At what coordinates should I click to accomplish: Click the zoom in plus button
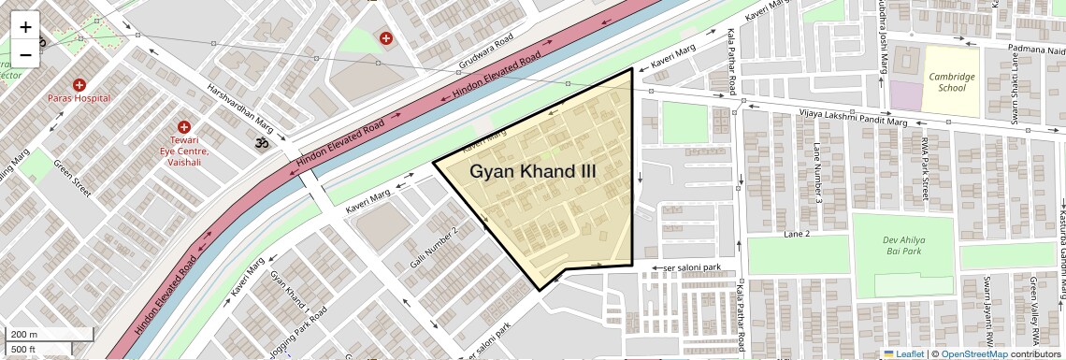coord(25,26)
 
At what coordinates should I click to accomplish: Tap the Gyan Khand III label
coord(532,171)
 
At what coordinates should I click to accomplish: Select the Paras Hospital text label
coord(79,98)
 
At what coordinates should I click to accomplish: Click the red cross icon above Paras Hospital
coord(79,84)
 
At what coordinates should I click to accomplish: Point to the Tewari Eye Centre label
coord(184,151)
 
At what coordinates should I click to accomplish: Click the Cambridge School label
coord(951,82)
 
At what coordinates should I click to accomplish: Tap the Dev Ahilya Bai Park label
coord(902,245)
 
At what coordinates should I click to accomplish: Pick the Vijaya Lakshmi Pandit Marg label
coord(853,118)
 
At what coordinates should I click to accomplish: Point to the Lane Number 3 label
coord(817,173)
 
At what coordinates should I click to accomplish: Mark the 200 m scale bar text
coord(24,334)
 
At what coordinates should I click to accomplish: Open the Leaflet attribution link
coord(903,353)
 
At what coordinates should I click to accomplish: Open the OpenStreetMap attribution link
coord(973,353)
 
